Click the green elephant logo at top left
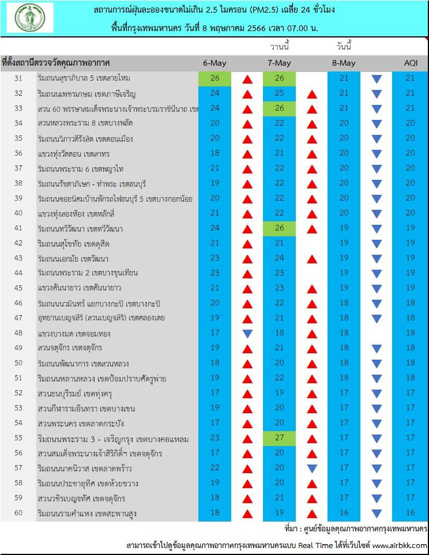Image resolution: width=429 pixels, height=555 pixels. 29,18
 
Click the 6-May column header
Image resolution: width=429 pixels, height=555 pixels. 215,63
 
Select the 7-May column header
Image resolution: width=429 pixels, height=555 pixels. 279,63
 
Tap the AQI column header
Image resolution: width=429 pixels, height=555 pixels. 410,63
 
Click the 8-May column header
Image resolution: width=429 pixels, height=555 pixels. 344,63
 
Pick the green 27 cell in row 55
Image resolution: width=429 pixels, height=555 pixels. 279,437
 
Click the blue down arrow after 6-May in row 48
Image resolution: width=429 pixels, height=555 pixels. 247,333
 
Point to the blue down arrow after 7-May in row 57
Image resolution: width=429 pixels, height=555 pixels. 312,468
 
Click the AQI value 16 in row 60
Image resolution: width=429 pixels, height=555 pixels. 410,513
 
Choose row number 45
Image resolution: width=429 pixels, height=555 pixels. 18,288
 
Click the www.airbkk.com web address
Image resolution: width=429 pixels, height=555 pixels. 400,545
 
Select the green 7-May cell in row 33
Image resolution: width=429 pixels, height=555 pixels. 279,108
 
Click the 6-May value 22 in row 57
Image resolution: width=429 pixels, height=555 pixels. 215,467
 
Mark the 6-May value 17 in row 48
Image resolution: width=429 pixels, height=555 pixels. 215,333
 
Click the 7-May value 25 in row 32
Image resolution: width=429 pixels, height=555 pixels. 279,93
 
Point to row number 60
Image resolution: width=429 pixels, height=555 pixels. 18,513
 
